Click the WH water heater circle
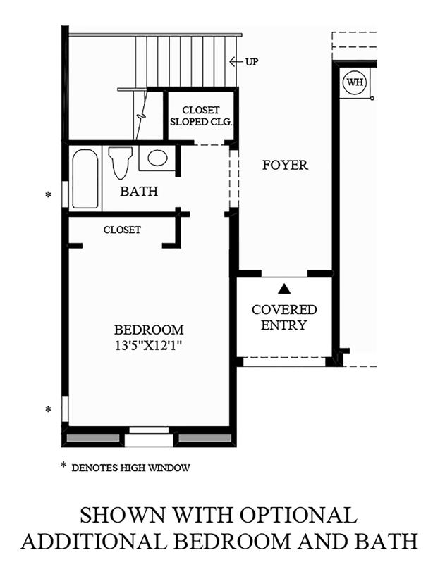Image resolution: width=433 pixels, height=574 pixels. pos(355,82)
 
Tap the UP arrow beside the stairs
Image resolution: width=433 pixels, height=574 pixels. pos(236,61)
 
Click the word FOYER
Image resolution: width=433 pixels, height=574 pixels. pos(285,165)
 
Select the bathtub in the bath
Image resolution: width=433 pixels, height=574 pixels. pos(85,179)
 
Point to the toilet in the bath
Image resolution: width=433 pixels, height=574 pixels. pos(120,163)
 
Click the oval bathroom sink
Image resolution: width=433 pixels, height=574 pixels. pos(158,158)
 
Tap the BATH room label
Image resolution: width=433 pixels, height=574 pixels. pos(139,191)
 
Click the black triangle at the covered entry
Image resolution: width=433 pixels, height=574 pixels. pos(284,289)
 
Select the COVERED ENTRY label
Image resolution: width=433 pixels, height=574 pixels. pos(284,318)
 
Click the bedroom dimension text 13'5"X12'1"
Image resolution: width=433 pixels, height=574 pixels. pos(149,346)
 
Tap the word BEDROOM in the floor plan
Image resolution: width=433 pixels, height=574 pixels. pos(149,330)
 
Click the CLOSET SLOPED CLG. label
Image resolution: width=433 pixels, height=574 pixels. pos(201,116)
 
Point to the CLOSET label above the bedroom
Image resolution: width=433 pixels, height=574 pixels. pos(122,230)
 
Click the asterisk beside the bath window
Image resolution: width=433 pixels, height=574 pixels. pos(48,195)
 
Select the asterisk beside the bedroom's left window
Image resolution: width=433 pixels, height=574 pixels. pos(48,409)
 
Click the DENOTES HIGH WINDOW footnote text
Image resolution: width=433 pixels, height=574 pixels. pos(131,468)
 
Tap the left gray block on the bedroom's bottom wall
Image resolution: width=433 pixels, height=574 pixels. pos(93,438)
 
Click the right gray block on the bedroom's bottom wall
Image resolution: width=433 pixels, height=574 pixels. pos(205,438)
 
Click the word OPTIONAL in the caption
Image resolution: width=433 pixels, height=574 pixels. pos(298,515)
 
